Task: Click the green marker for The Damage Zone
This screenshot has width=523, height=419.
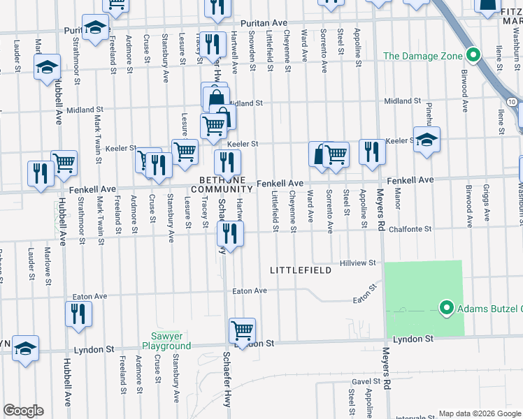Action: [x=472, y=55]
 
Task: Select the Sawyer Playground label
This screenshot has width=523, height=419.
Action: [x=166, y=341]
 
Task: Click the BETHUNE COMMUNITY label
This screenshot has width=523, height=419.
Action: [x=222, y=184]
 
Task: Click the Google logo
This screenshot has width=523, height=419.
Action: [x=23, y=411]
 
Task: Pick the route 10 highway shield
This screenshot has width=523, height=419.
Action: [x=513, y=102]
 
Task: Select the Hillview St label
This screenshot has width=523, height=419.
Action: [x=358, y=263]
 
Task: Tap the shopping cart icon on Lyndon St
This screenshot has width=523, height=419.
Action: [x=242, y=329]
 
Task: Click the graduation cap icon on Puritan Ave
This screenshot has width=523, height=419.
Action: [x=94, y=27]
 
